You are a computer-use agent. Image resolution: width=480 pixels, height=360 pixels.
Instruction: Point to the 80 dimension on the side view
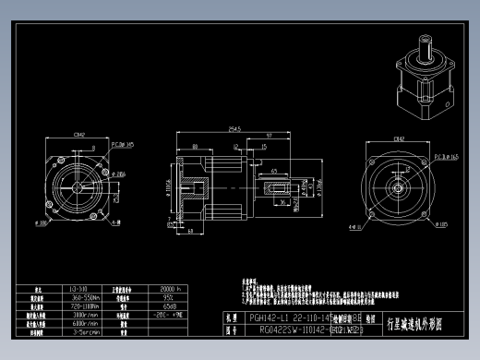pyautogui.click(x=198, y=145)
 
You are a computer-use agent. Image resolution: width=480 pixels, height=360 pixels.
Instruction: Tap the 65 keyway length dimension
pyautogui.click(x=275, y=172)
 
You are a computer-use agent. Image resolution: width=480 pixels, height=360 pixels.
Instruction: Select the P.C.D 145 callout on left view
pyautogui.click(x=124, y=144)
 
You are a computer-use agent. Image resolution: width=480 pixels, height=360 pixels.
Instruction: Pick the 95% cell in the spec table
pyautogui.click(x=169, y=298)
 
